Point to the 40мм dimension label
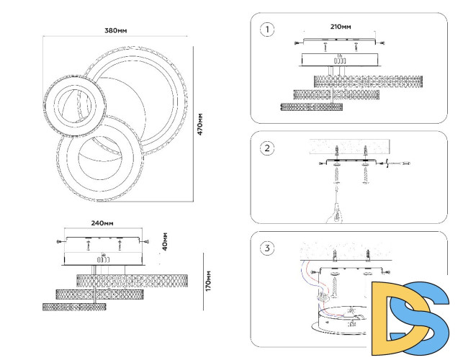(x=166, y=241)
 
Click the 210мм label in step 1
(x=341, y=27)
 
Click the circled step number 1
(x=269, y=30)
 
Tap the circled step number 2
(x=268, y=148)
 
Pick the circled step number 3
(x=269, y=248)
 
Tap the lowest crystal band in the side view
(x=74, y=307)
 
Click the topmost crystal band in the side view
(x=132, y=279)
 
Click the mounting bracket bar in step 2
(x=352, y=162)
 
